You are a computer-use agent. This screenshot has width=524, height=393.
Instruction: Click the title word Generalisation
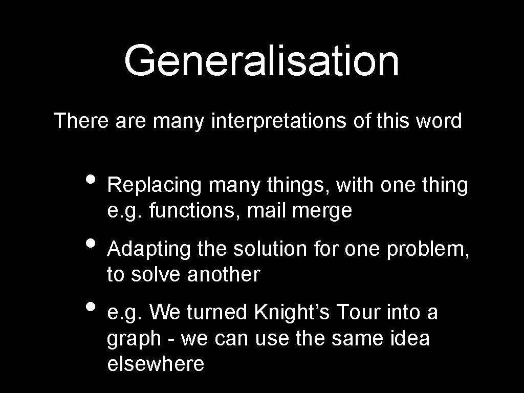pos(261,61)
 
